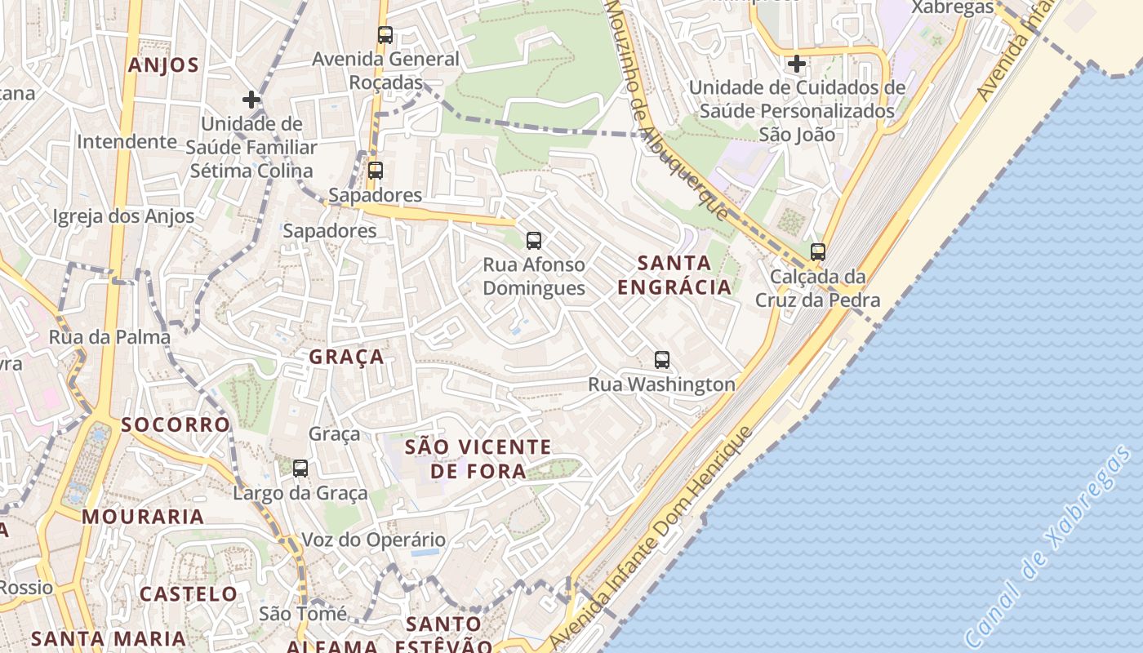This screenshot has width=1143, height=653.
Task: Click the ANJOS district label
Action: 163,65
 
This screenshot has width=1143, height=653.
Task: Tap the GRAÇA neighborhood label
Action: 346,357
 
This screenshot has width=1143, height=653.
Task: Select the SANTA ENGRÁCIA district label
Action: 674,275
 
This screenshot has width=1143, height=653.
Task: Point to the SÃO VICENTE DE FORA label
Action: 478,459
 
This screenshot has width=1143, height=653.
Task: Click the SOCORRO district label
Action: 176,424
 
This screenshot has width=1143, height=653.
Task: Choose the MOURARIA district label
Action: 143,517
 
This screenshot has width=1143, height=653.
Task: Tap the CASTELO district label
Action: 189,593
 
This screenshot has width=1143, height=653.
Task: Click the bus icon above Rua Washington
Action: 662,359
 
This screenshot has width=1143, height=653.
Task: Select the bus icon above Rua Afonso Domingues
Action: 534,240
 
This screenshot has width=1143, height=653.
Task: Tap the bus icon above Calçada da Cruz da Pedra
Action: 818,251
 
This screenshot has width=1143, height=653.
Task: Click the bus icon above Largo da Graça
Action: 300,469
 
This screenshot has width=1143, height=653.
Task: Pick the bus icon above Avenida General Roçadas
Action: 385,35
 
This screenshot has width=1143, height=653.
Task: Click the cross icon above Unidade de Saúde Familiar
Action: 251,100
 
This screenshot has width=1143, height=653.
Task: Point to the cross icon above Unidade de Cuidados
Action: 797,63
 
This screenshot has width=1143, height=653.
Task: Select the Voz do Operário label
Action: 374,540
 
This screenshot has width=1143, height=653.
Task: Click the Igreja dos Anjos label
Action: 123,216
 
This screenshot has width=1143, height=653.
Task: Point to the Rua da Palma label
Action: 110,337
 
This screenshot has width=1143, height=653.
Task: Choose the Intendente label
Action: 127,141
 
